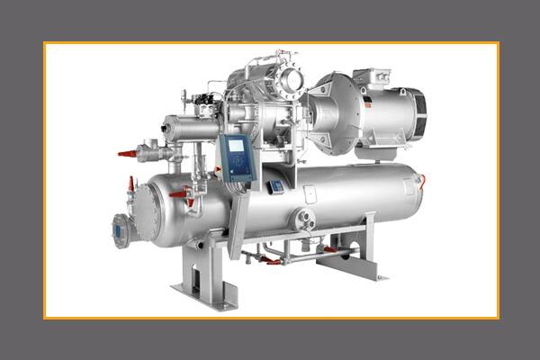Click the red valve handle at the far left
126,154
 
